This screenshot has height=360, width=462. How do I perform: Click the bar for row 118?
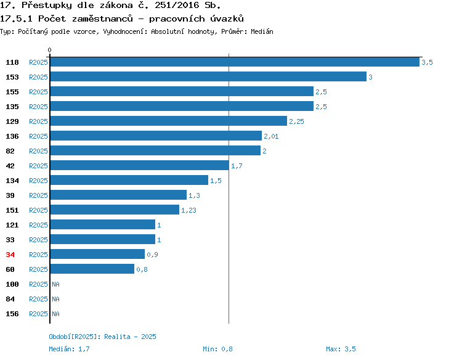click(235, 62)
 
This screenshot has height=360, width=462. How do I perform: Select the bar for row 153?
click(208, 76)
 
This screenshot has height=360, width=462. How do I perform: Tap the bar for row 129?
click(169, 121)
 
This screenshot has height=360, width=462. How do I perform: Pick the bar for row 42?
click(140, 165)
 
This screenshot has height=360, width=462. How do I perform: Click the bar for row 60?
click(92, 269)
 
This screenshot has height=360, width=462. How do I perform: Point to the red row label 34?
click(10, 255)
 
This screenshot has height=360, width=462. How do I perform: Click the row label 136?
click(12, 136)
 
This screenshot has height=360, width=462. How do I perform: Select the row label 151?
click(12, 210)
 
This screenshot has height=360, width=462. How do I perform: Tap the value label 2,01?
click(271, 136)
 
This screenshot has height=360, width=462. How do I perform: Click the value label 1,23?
click(188, 210)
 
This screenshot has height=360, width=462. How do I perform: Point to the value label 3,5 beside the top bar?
click(427, 62)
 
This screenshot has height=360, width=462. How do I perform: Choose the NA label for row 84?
click(55, 299)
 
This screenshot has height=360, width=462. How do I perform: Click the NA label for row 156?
click(55, 314)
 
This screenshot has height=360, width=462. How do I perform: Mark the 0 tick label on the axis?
click(49, 50)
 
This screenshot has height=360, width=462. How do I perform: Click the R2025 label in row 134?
click(38, 181)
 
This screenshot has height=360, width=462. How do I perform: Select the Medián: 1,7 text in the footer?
click(69, 349)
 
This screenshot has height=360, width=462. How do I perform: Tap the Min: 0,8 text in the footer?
click(217, 349)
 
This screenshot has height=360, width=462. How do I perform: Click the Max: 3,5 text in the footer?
click(341, 349)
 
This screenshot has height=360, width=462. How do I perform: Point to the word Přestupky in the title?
click(47, 6)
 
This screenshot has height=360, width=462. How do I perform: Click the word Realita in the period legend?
click(117, 337)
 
